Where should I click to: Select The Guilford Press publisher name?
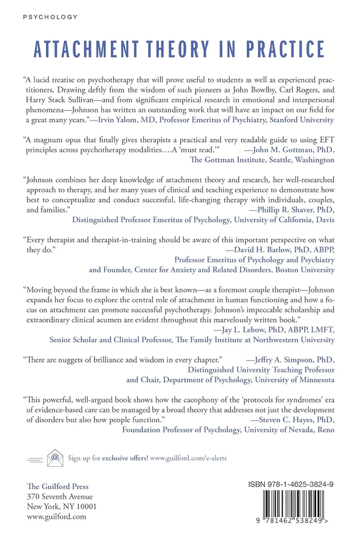(x=57, y=487)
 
